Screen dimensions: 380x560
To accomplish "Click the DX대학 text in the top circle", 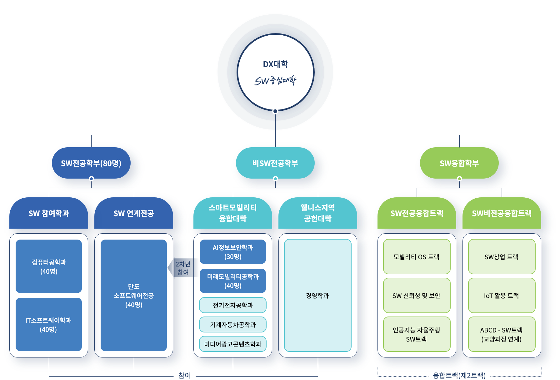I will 275,64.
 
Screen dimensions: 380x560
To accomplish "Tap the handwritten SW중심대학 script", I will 275,81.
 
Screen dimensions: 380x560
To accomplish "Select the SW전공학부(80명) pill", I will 91,163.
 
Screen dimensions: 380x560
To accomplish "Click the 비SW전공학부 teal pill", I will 275,163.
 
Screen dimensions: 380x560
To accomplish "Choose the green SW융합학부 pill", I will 459,163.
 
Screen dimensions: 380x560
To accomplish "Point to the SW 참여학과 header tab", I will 49,213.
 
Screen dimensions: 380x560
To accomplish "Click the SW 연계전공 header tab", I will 133,213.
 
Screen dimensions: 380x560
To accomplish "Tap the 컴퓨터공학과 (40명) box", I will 49,266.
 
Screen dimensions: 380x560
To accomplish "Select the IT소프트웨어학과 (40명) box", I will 49,324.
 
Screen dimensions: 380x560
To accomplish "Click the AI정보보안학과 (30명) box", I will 233,252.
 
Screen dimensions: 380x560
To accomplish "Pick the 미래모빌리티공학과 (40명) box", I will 233,281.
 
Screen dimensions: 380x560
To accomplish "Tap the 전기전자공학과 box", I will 233,305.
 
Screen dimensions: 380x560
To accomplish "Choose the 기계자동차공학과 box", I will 233,325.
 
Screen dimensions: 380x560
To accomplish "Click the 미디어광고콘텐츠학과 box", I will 233,344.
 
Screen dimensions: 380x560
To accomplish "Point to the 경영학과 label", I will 317,296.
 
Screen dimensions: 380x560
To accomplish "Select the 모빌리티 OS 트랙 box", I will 417,257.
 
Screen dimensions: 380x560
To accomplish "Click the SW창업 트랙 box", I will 502,257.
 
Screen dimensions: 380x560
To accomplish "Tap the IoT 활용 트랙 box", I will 502,296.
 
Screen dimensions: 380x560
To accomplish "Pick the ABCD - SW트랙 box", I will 502,334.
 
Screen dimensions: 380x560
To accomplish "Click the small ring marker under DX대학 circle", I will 275,111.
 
